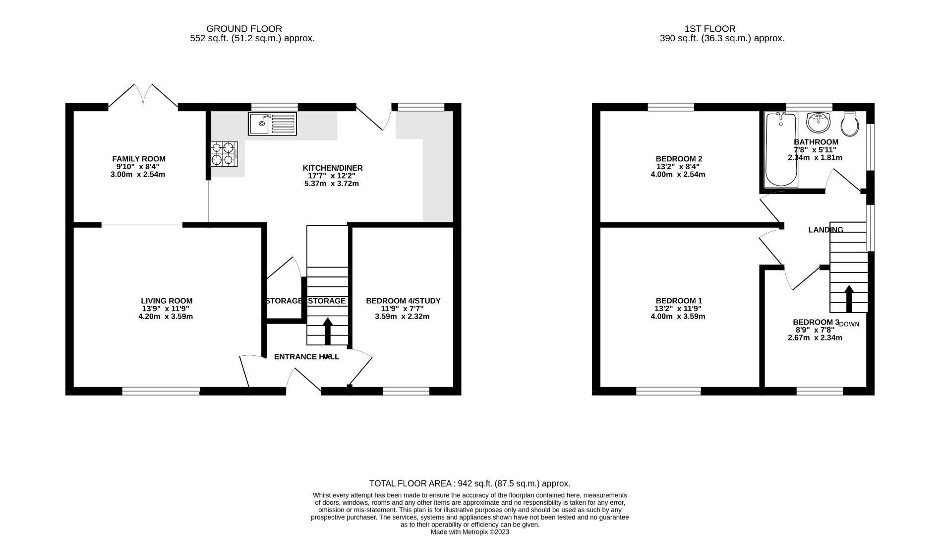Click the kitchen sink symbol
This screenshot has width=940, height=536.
(x=272, y=124)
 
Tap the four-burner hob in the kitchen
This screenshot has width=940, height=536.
(x=223, y=154)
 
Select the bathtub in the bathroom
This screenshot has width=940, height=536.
(x=781, y=149)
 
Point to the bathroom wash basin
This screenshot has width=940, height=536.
(x=818, y=122)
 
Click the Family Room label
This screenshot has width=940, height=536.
(x=139, y=159)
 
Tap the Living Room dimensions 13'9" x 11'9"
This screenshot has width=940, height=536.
(x=166, y=309)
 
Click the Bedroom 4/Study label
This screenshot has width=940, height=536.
(x=403, y=301)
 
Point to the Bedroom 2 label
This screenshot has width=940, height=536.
(x=679, y=159)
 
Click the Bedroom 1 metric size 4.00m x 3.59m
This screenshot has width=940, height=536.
(x=678, y=316)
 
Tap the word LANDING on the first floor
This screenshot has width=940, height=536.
(x=825, y=230)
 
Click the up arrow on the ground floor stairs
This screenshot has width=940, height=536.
(x=328, y=331)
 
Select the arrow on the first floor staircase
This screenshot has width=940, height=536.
(x=849, y=298)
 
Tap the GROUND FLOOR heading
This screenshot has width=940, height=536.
(x=244, y=29)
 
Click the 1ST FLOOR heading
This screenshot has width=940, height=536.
(x=709, y=29)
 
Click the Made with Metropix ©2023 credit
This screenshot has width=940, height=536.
(x=470, y=532)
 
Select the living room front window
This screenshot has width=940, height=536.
(x=161, y=391)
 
